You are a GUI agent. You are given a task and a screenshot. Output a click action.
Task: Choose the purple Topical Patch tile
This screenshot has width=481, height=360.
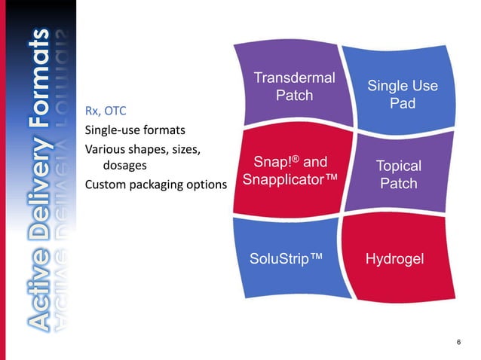[x=398, y=175]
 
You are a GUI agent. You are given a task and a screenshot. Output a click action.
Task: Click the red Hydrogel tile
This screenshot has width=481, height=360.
[x=394, y=258]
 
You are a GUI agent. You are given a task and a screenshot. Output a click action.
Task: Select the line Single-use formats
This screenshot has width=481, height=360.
[x=135, y=130]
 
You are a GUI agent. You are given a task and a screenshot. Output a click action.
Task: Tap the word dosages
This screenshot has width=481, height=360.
[x=124, y=166]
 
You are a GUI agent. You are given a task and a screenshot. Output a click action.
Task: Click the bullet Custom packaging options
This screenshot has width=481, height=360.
[x=156, y=185]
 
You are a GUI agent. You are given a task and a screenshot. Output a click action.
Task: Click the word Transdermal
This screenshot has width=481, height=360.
[x=294, y=77]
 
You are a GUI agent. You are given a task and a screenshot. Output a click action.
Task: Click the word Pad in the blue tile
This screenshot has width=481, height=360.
[x=402, y=103]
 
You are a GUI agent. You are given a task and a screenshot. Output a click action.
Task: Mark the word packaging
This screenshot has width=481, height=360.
[x=157, y=185]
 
